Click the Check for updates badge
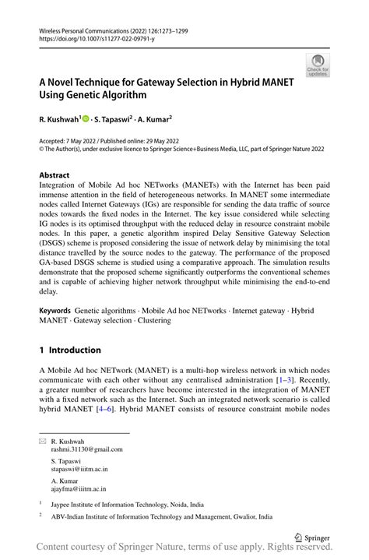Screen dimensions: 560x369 coord(317,66)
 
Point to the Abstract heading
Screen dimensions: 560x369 coord(55,176)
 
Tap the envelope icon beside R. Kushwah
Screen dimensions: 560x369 coord(44,441)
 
